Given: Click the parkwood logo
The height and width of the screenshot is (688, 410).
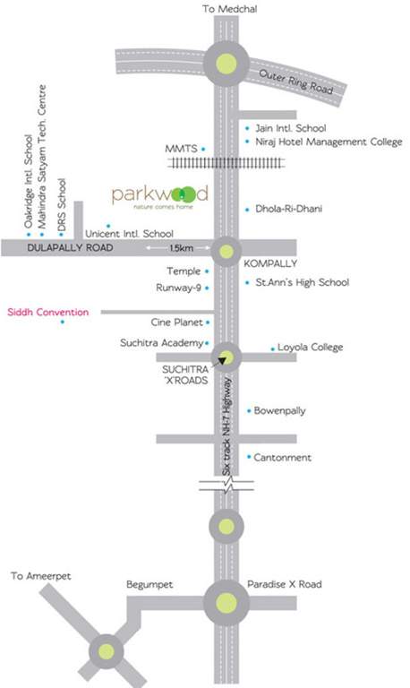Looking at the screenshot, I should pyautogui.click(x=159, y=196).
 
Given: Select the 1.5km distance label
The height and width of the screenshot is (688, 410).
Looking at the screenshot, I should pyautogui.click(x=180, y=247).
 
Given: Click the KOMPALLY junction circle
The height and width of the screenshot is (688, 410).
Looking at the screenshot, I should pyautogui.click(x=226, y=252).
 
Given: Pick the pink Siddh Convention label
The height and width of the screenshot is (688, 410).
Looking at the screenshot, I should pyautogui.click(x=48, y=312).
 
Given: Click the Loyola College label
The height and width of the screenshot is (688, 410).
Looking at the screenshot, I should pyautogui.click(x=310, y=347).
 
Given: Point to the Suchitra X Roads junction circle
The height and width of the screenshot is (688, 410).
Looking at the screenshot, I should pyautogui.click(x=226, y=357).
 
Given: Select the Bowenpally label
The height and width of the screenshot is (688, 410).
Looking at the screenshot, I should pyautogui.click(x=281, y=410).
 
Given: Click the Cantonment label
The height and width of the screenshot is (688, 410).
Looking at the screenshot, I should pyautogui.click(x=284, y=458).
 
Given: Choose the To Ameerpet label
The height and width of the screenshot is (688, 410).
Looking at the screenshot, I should pyautogui.click(x=43, y=578).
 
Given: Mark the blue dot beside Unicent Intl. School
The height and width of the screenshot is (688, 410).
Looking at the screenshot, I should pyautogui.click(x=108, y=225).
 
